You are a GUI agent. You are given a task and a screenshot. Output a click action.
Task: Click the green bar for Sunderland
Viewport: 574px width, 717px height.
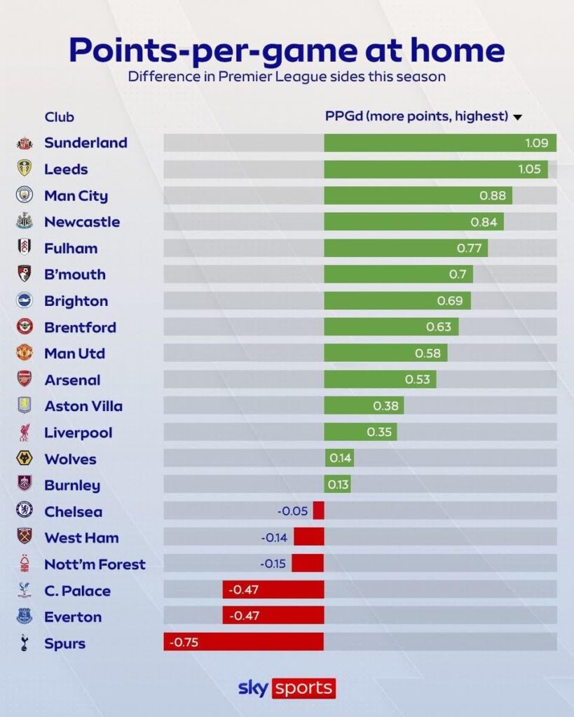point(439,143)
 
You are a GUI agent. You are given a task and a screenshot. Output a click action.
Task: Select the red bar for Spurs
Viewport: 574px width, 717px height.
point(243,642)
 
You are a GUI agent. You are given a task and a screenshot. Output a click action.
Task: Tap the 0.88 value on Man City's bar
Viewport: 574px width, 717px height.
point(492,196)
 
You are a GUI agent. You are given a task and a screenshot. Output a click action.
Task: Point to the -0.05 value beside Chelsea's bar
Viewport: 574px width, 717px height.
point(292,511)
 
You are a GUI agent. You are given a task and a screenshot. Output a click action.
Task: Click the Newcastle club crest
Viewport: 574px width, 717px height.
point(25,222)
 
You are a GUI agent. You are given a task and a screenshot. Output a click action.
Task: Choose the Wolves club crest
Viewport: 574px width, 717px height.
point(25,459)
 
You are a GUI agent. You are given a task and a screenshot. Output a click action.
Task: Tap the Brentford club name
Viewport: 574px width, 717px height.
point(80,327)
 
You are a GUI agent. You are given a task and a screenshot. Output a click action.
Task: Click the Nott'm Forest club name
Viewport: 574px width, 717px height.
point(95,564)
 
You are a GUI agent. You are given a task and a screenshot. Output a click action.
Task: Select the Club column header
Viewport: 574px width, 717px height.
point(59,117)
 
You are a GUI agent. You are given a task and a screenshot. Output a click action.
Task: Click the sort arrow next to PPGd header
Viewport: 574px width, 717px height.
point(517,118)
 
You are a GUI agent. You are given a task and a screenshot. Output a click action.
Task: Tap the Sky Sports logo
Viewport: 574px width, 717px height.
point(287,688)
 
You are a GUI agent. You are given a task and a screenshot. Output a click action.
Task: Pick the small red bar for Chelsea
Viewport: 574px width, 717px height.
point(318,510)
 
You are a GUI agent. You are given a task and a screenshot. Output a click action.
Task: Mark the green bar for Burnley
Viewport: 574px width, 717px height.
point(337,485)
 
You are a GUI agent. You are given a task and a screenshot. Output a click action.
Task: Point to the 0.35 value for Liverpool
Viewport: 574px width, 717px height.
point(379,432)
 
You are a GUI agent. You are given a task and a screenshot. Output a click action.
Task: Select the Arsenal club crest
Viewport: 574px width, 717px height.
point(25,380)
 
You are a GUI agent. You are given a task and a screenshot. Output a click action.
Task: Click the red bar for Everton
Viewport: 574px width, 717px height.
point(273,616)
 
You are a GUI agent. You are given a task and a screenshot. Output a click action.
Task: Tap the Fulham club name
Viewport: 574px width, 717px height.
point(71,248)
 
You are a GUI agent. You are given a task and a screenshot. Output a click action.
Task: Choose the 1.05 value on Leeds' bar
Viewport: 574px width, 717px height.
point(534,169)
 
